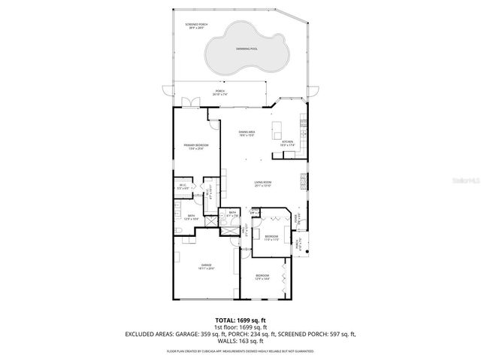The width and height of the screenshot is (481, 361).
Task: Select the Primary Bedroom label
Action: pyautogui.click(x=196, y=146)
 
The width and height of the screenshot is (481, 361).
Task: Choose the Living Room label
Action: pyautogui.click(x=262, y=183)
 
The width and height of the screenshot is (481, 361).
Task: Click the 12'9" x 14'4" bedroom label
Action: pyautogui.click(x=261, y=277)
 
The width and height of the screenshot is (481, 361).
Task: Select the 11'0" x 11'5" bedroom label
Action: pyautogui.click(x=271, y=238)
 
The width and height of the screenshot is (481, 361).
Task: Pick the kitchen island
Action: pyautogui.click(x=279, y=126)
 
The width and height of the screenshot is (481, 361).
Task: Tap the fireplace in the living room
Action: pyautogui.click(x=304, y=181)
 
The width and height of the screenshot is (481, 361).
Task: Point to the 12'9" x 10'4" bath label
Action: pyautogui.click(x=192, y=217)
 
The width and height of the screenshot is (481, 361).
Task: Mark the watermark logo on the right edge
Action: pyautogui.click(x=471, y=180)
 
